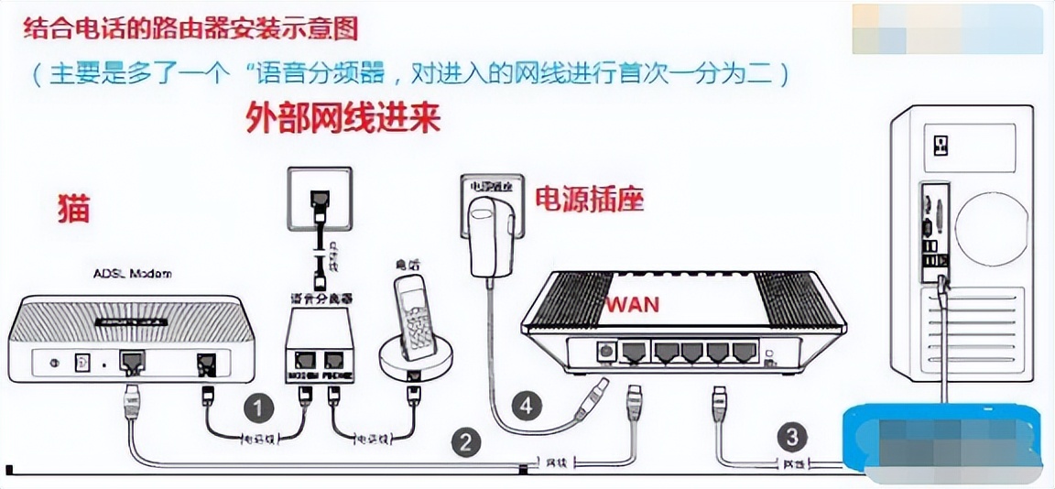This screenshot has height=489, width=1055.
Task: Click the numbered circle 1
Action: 259,407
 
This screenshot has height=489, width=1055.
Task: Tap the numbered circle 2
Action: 467,443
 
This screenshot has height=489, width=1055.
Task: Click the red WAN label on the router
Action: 631,304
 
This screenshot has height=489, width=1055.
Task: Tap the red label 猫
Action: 73,209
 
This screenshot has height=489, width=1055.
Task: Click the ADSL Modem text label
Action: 134,274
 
